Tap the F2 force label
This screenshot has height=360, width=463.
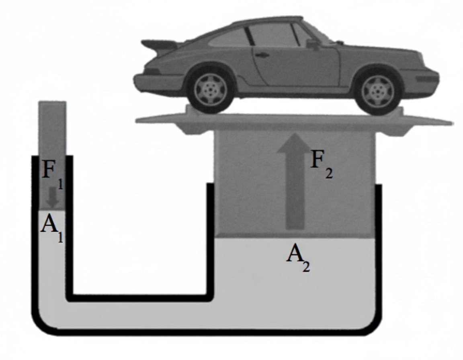322,163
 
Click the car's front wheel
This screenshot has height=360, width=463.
377,92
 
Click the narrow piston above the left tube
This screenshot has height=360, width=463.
52,129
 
